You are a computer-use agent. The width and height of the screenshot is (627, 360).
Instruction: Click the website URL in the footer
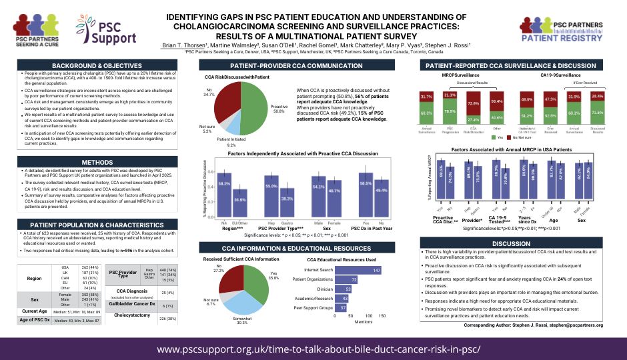pyautogui.click(x=312, y=349)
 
